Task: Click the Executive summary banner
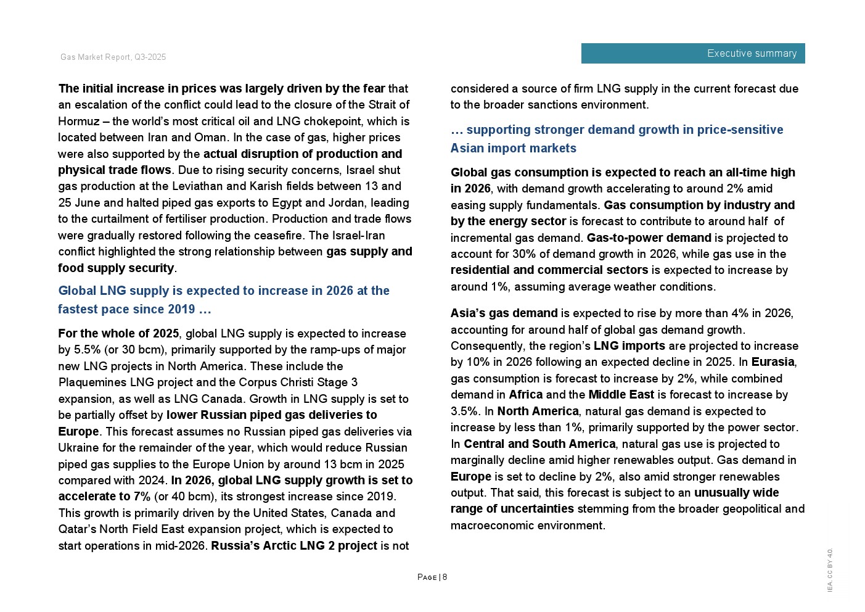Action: pyautogui.click(x=692, y=54)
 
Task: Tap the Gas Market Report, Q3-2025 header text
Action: pyautogui.click(x=113, y=57)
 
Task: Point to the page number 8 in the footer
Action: pyautogui.click(x=445, y=577)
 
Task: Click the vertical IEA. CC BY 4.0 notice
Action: pyautogui.click(x=830, y=570)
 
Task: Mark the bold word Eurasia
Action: pyautogui.click(x=773, y=362)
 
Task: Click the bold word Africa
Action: pyautogui.click(x=525, y=395)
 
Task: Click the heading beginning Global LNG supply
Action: pyautogui.click(x=224, y=300)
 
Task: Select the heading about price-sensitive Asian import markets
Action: pyautogui.click(x=617, y=139)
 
